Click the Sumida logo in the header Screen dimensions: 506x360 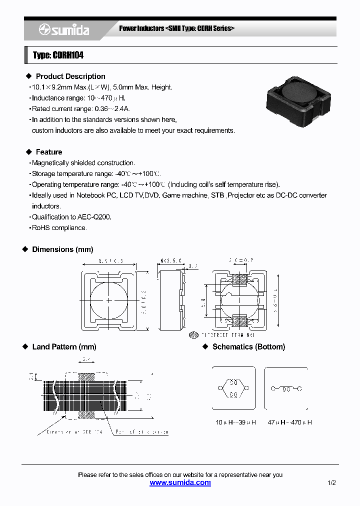(x=64, y=30)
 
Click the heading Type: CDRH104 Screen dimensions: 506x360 (x=58, y=55)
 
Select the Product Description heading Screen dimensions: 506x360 (x=70, y=76)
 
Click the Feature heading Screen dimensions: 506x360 (x=48, y=152)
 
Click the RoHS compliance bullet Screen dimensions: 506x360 (x=59, y=228)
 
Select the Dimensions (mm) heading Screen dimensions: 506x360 (x=62, y=249)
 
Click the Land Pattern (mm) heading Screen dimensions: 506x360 (x=63, y=347)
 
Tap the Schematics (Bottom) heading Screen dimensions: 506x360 (x=248, y=347)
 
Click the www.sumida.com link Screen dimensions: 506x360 (x=180, y=483)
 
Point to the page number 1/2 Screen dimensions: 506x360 (x=331, y=483)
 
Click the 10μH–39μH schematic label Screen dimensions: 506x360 (x=235, y=422)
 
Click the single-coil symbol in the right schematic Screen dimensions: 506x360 (x=286, y=388)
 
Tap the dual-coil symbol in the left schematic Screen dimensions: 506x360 (x=233, y=388)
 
